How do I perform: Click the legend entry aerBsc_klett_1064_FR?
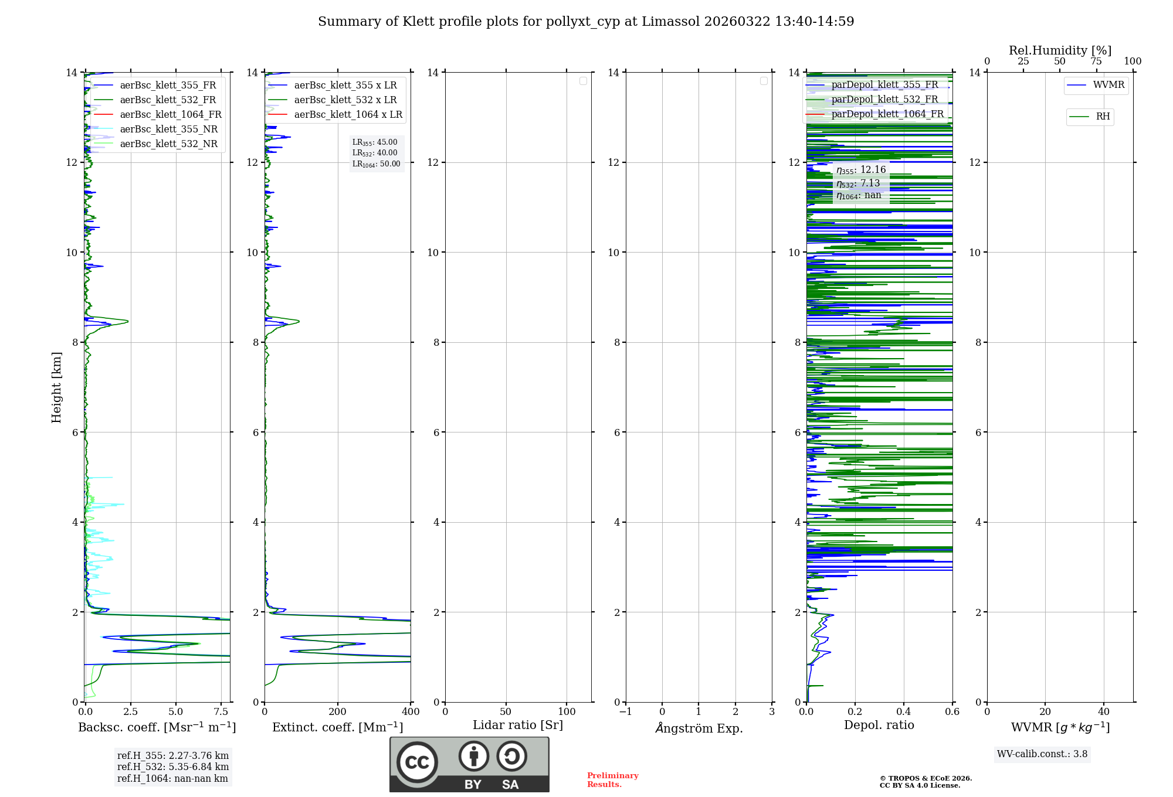tap(170, 114)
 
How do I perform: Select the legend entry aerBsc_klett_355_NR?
tap(168, 129)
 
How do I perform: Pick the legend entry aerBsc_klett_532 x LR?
tap(345, 100)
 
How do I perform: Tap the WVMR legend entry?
tap(1108, 85)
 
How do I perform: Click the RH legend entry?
tap(1103, 117)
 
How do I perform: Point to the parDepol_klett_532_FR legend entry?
tap(884, 99)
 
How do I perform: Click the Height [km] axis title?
tap(56, 387)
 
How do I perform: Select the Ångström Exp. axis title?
tap(699, 728)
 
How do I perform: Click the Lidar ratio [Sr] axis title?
tap(517, 725)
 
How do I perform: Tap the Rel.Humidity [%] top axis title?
tap(1060, 50)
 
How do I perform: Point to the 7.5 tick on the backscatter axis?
tap(221, 711)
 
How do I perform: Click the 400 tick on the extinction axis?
tap(411, 711)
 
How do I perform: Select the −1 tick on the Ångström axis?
tap(625, 711)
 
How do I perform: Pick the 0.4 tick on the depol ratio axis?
tap(904, 711)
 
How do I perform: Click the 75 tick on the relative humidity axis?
tap(1096, 61)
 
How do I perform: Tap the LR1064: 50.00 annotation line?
tap(376, 164)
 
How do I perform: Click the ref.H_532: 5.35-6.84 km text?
tap(172, 767)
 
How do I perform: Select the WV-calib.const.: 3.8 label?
tap(1042, 754)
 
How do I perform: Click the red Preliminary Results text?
tap(612, 779)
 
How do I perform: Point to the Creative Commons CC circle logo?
tap(417, 762)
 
